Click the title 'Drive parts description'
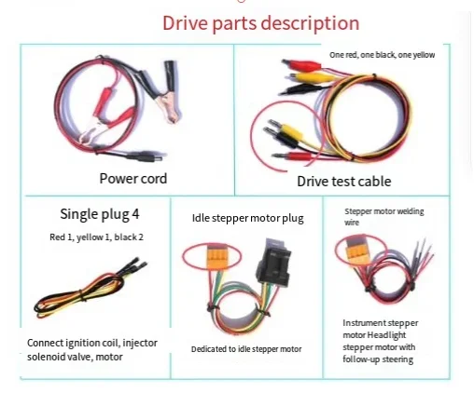[x=260, y=23]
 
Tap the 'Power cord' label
[x=133, y=179]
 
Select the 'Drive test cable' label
[x=344, y=182]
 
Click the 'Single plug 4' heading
[x=100, y=214]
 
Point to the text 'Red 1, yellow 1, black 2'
[x=96, y=237]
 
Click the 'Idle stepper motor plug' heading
[x=247, y=218]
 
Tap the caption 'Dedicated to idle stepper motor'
[x=246, y=349]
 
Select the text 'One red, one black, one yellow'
[x=382, y=55]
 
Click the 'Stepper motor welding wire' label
[x=383, y=217]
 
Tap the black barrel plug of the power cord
[x=146, y=156]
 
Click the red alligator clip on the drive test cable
[x=301, y=65]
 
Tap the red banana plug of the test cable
[x=291, y=156]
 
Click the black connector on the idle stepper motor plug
[x=273, y=263]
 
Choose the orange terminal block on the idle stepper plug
[x=213, y=256]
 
